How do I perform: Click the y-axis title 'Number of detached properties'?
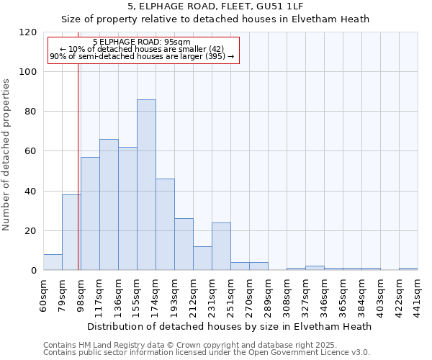coord(6,155)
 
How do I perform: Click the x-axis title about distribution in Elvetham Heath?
coord(230,326)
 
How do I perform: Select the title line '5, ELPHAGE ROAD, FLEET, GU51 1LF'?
coord(215,6)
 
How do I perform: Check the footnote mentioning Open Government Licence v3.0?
coord(207,353)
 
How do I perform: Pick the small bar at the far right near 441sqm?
coord(408,269)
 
